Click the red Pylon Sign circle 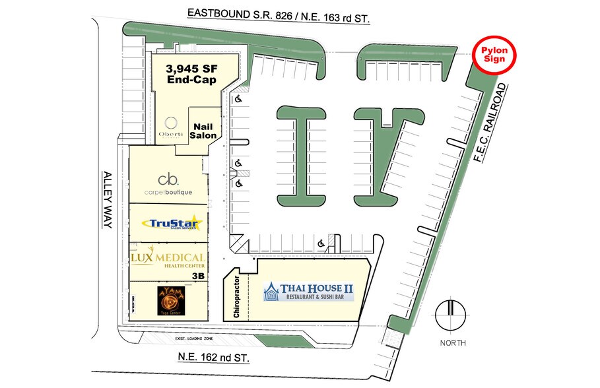point(496,53)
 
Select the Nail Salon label point(203,130)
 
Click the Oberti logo point(172,126)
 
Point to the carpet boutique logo point(168,184)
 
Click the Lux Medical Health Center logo point(168,261)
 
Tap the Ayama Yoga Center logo point(168,300)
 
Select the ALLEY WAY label point(108,200)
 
